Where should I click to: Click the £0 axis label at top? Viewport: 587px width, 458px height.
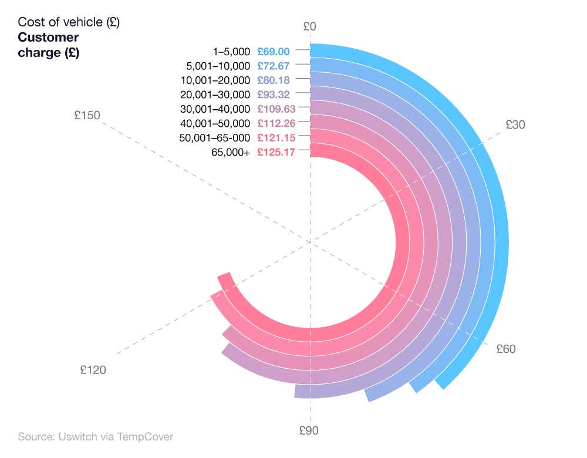(310, 26)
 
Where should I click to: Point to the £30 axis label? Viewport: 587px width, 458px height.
(515, 124)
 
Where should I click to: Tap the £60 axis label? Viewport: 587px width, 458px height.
(506, 349)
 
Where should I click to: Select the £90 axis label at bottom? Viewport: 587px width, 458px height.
(309, 430)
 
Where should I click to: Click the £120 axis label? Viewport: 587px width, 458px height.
(93, 370)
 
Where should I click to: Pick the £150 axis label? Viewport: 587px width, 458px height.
(87, 116)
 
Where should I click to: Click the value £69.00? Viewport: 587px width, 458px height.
(274, 52)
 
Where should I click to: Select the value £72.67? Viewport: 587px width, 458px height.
(274, 66)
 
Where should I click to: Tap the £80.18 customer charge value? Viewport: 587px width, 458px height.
(274, 80)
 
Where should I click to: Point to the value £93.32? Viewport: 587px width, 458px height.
(274, 95)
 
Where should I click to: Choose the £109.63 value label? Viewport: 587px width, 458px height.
(276, 109)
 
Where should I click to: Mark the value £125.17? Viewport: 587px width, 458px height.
(276, 152)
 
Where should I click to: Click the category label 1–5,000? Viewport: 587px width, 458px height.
(232, 52)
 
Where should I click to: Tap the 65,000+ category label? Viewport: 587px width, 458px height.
(231, 152)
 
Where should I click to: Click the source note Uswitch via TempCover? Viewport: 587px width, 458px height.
(95, 437)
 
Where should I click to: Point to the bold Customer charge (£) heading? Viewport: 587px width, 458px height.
(49, 45)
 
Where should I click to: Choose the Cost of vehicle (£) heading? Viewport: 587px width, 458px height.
(69, 22)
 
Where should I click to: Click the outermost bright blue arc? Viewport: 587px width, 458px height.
(500, 235)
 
